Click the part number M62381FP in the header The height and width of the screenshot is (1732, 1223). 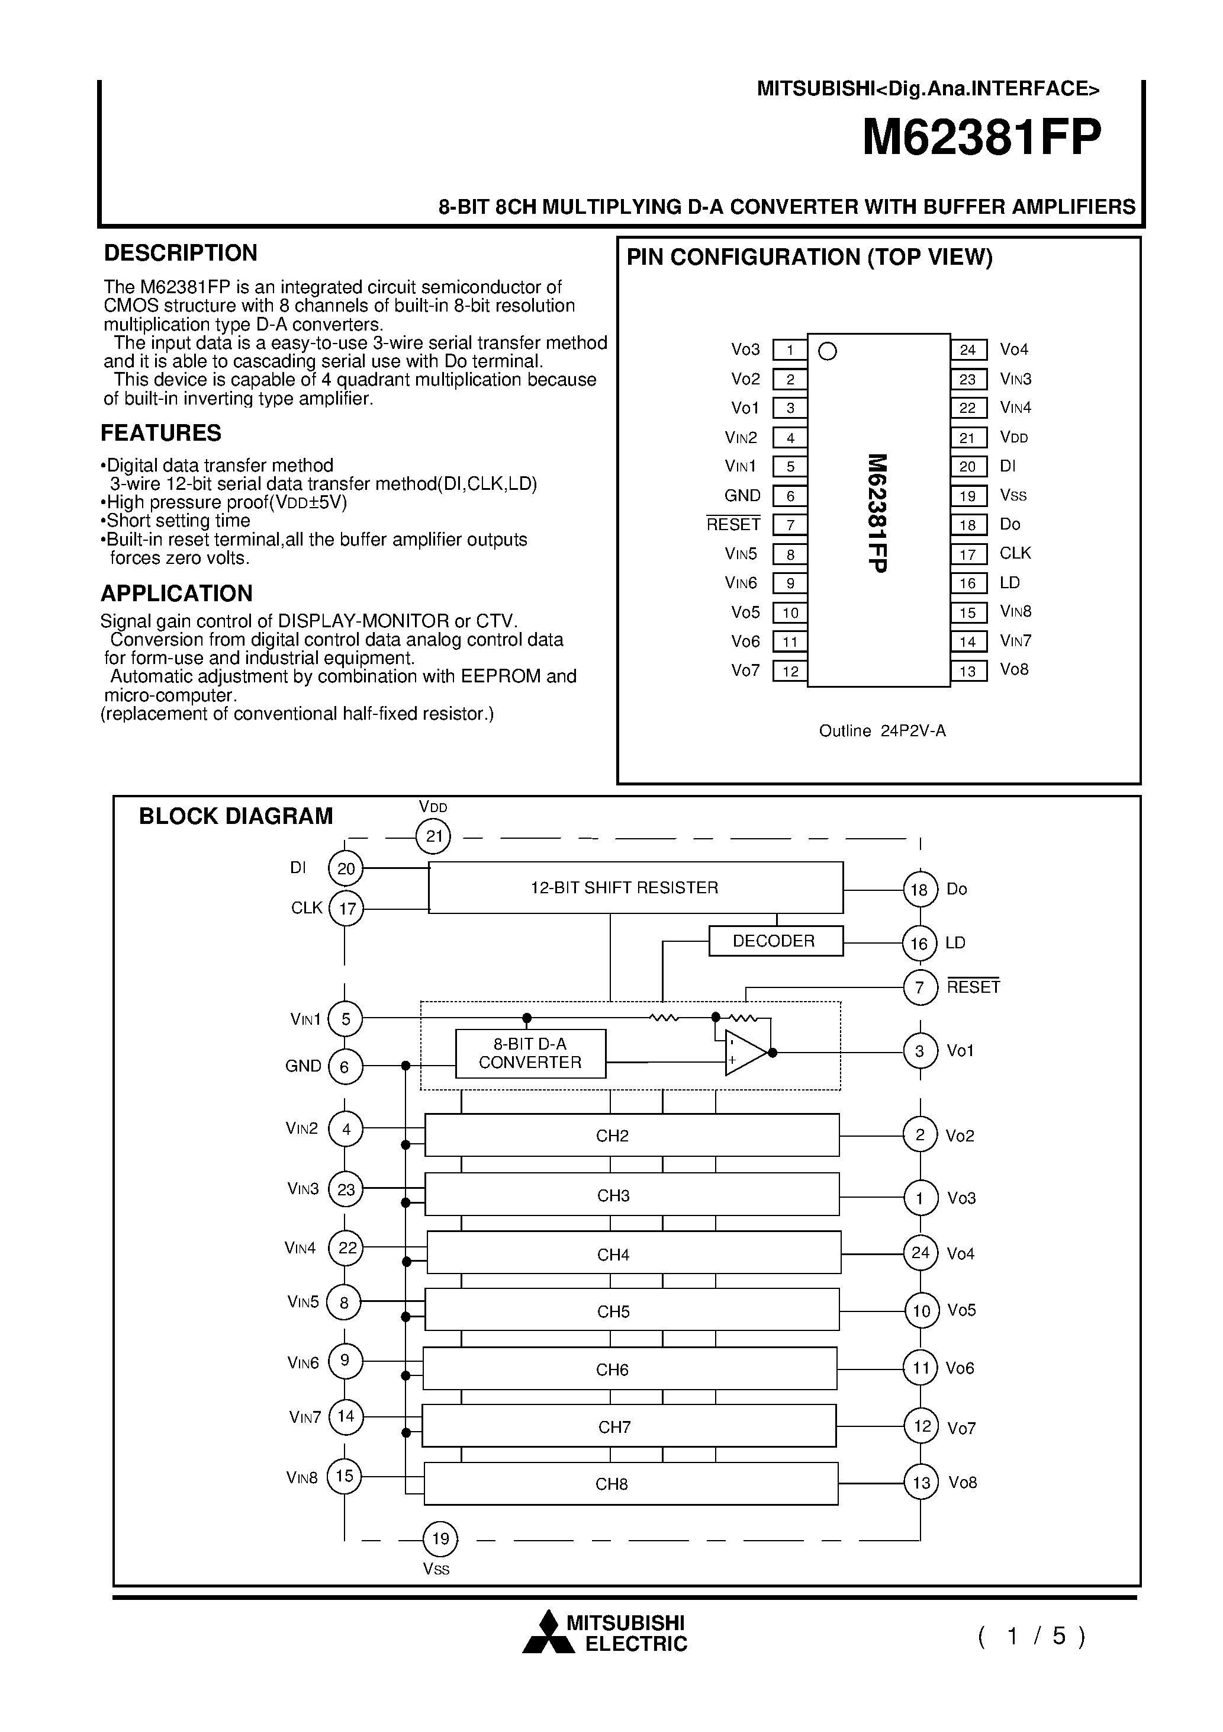(x=981, y=138)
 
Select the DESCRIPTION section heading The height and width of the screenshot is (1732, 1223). (x=180, y=253)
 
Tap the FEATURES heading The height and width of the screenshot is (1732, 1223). (x=160, y=433)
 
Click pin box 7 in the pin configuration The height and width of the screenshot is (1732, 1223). (x=790, y=525)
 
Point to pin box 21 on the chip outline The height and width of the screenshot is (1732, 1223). (x=968, y=438)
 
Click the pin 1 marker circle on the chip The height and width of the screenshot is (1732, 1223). (x=827, y=351)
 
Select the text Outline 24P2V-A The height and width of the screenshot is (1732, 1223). (x=881, y=731)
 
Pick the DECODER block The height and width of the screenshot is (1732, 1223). (x=775, y=941)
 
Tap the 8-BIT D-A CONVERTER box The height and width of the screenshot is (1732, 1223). (x=530, y=1053)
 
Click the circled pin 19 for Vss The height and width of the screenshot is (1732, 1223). (x=440, y=1538)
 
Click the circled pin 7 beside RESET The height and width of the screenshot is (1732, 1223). (x=919, y=987)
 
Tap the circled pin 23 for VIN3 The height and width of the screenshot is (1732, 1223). (x=346, y=1189)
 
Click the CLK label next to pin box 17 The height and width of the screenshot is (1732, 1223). (x=1015, y=554)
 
